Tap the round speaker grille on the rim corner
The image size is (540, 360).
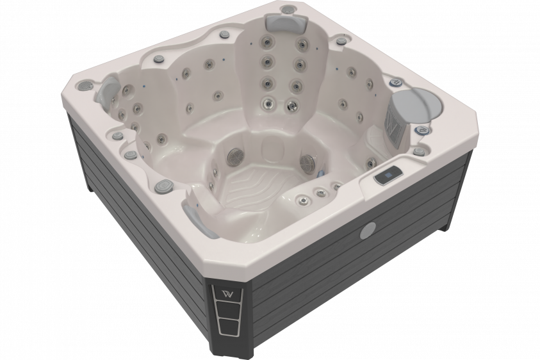85,86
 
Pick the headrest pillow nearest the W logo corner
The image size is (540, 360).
195,215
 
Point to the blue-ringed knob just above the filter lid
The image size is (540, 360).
396,82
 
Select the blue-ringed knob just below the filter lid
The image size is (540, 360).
423,131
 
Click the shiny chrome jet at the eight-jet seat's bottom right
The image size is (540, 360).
293,105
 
